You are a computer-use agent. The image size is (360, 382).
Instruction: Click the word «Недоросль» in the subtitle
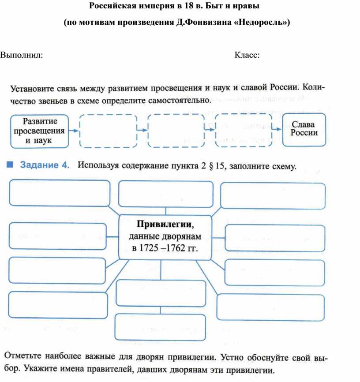[x=260, y=22]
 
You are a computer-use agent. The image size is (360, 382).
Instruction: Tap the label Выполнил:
[x=22, y=55]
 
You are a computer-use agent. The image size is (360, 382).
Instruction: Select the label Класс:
[x=247, y=55]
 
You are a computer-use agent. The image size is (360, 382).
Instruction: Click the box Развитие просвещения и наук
[x=40, y=131]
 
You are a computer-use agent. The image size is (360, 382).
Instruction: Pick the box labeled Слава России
[x=304, y=130]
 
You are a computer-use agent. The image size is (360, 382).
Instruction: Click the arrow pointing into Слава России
[x=277, y=129]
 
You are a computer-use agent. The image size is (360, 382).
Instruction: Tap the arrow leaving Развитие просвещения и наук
[x=74, y=131]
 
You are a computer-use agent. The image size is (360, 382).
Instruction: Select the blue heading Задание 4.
[x=45, y=165]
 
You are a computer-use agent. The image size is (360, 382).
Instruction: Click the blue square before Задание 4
[x=10, y=165]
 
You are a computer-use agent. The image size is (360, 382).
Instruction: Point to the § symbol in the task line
[x=211, y=166]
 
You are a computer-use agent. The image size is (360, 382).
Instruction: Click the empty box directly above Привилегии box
[x=166, y=194]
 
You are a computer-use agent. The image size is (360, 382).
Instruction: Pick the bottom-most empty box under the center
[x=160, y=327]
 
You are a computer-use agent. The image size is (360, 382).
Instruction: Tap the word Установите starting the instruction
[x=32, y=89]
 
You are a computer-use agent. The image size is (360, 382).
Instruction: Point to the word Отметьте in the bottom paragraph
[x=22, y=356]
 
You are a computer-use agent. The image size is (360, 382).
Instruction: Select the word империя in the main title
[x=157, y=6]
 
